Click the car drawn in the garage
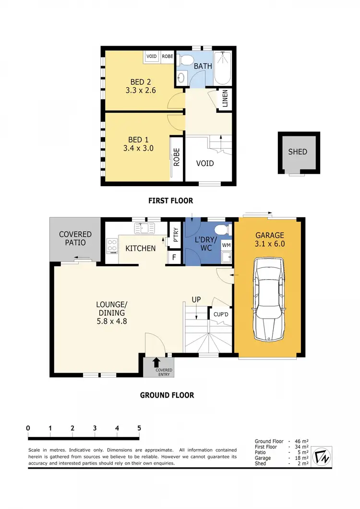tap(269, 297)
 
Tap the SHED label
tap(297, 152)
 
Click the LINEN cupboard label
tap(225, 100)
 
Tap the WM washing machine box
tap(225, 245)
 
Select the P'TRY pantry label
tap(175, 236)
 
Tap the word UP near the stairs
tap(196, 299)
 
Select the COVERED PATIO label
tap(75, 238)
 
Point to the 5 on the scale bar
tap(139, 428)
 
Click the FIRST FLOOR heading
tap(170, 201)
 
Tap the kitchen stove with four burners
tap(112, 245)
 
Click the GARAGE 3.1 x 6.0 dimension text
tap(269, 244)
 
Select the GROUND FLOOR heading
tap(167, 395)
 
